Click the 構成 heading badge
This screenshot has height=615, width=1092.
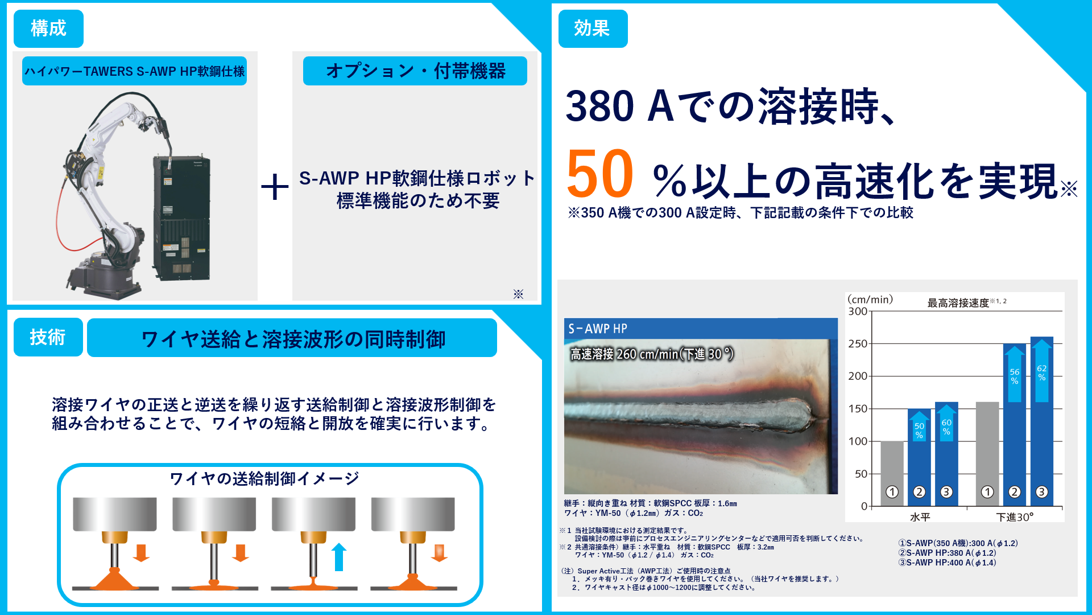tap(48, 28)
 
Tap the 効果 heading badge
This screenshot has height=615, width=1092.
tap(593, 28)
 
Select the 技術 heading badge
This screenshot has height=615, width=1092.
tap(48, 337)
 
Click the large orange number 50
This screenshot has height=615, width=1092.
tap(599, 174)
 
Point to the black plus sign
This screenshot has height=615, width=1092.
tap(275, 187)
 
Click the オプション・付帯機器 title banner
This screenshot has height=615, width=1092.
tap(415, 71)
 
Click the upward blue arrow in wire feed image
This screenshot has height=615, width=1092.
tap(339, 556)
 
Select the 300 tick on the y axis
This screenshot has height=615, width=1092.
tap(857, 311)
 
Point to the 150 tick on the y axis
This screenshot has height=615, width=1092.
tap(857, 409)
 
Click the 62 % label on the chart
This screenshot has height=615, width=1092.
tap(1041, 373)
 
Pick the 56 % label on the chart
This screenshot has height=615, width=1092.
tap(1014, 376)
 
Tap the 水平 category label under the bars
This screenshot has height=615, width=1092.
tap(920, 517)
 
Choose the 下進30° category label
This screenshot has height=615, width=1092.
tap(1014, 517)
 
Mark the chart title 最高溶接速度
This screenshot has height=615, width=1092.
tap(958, 303)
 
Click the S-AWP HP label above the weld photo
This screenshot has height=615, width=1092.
tap(598, 329)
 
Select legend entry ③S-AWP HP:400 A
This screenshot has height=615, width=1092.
tap(947, 563)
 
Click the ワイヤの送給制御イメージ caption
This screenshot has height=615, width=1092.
tap(264, 478)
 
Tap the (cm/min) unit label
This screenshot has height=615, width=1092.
tap(870, 300)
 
